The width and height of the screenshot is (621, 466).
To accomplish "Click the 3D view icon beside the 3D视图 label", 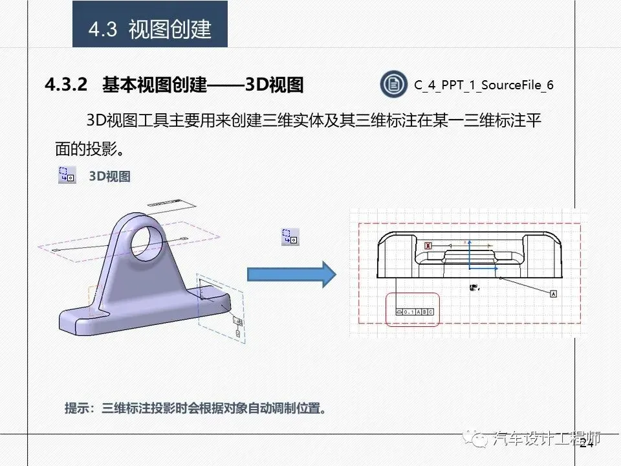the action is (x=67, y=175).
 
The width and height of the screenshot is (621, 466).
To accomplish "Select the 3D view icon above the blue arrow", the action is (x=289, y=236).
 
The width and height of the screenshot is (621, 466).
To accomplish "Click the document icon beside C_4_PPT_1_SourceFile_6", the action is (x=392, y=84).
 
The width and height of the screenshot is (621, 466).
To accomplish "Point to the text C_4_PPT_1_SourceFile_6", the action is (x=484, y=85).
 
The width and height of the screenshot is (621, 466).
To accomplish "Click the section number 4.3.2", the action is (x=65, y=85).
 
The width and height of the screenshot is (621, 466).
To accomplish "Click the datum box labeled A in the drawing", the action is (x=553, y=294).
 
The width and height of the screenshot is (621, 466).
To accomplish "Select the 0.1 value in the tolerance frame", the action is (x=408, y=312).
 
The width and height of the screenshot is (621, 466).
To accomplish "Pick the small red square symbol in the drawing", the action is (x=428, y=246).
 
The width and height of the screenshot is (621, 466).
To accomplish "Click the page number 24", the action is (x=586, y=443).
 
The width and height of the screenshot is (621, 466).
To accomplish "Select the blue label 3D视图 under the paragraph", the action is (x=109, y=176).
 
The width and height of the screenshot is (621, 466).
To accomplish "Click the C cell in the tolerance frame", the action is (x=431, y=312).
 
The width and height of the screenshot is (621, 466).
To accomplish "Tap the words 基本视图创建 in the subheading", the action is (x=154, y=85).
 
